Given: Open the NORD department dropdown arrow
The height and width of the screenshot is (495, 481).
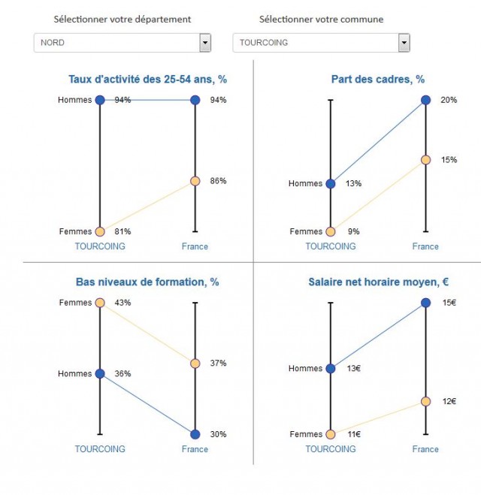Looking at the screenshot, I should pos(205,44).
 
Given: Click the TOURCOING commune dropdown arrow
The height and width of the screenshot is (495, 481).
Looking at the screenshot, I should pos(404,44).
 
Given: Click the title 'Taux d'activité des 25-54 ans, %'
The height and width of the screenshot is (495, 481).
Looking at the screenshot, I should pos(147,79).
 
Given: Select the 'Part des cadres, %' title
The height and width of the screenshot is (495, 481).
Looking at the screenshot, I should pos(377,79).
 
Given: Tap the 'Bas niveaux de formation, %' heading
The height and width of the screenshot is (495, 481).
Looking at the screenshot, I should pos(147,282).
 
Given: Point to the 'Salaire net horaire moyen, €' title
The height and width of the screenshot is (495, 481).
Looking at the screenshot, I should pos(378,282).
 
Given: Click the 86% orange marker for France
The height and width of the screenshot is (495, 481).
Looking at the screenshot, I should pos(195,181).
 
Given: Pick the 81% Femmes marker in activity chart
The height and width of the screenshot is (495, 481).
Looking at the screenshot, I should pos(100,231).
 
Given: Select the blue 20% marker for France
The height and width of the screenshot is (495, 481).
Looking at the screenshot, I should pos(426,100).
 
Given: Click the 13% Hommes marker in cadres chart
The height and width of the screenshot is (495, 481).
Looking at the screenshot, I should pos(331,183).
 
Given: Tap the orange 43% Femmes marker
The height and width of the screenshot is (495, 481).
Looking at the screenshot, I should pos(100,303).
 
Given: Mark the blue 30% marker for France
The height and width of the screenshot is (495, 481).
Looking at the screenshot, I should pos(195,434).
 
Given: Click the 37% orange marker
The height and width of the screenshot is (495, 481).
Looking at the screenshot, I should pos(195,364).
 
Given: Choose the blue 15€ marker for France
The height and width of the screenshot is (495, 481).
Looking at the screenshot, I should pos(426,303).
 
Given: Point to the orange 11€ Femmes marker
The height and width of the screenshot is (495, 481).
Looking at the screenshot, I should pos(331,434).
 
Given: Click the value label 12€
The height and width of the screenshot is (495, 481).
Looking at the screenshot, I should pos(449,401).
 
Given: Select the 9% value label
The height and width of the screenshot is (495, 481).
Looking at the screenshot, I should pos(352,232).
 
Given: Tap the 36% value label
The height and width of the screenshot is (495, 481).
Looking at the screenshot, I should pos(123,374).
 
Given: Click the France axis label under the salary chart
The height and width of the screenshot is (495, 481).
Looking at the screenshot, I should pos(425,449).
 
